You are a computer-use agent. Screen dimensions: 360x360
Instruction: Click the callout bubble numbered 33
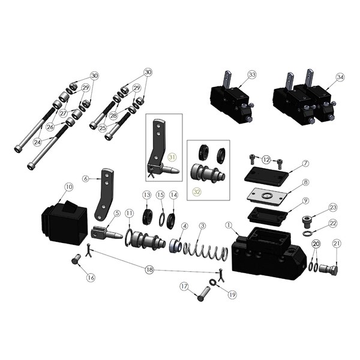coord(252,74)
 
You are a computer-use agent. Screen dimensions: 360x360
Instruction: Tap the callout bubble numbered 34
coord(340,77)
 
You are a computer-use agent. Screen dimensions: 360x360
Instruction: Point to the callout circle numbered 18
coord(149,269)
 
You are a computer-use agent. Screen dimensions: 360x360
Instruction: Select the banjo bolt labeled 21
coord(329,269)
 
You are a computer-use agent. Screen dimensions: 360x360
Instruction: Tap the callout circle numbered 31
coord(172,157)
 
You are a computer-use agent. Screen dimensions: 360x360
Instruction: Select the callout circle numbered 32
coord(197,192)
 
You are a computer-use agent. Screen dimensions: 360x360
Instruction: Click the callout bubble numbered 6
coord(86,178)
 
